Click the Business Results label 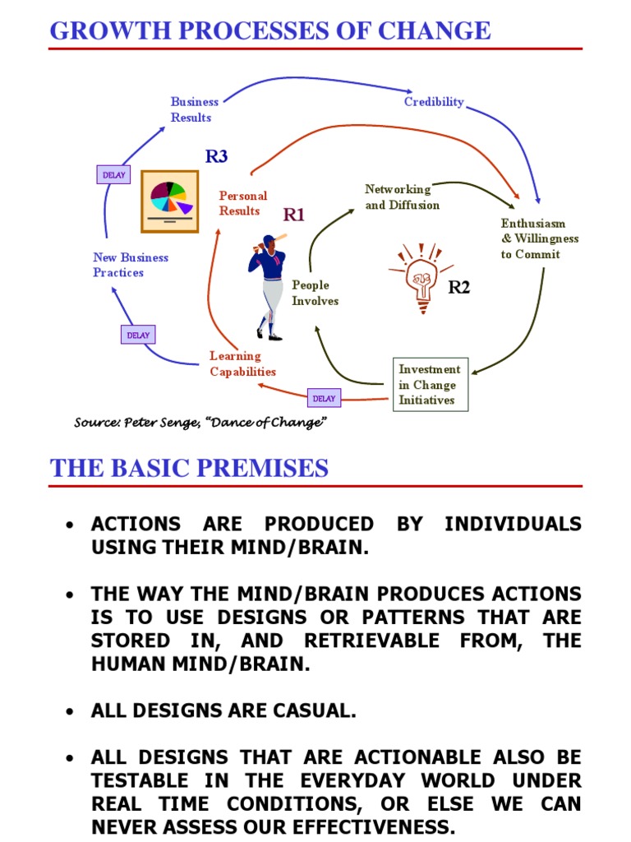point(195,109)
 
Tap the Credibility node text point(434,102)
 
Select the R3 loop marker point(216,156)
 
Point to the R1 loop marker point(294,215)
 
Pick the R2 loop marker point(458,287)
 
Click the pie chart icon point(169,201)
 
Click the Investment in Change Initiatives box point(429,385)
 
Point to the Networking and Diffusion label point(402,197)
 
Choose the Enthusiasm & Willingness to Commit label point(540,238)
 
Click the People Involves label point(315,293)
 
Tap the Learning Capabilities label point(242,363)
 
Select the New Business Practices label point(131,265)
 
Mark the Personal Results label point(242,203)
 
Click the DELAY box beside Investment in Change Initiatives point(324,399)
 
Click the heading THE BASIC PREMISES point(189,469)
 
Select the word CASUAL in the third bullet point(315,712)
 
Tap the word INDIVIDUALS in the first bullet point(513,525)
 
